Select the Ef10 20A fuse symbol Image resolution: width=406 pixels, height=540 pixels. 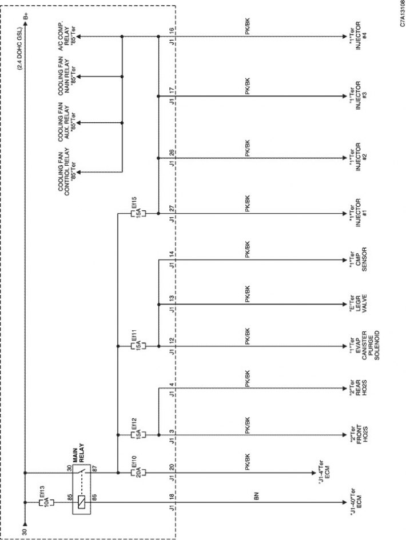coord(138,473)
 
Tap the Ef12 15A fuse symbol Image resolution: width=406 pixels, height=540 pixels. coord(138,435)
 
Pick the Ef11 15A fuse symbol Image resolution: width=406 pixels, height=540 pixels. coord(138,346)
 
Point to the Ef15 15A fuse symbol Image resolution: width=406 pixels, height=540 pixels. coord(138,214)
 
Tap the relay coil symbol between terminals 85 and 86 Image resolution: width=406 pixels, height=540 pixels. coord(82,502)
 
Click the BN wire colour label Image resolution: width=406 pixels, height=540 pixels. coord(256,496)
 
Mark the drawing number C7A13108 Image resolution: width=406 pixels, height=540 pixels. coord(402,14)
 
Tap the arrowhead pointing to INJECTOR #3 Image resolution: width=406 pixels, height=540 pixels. coord(344,96)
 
